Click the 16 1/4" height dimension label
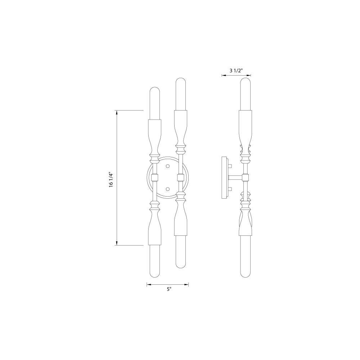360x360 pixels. pos(111,180)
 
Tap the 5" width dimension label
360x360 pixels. pos(169,289)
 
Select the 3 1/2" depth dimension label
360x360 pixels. pos(236,70)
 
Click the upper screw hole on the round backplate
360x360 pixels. pos(168,166)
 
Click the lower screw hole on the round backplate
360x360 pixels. pos(168,189)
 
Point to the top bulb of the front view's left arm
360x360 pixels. pos(154,103)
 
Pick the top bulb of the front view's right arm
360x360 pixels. pos(180,94)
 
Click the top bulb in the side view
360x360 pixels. pos(246,94)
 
